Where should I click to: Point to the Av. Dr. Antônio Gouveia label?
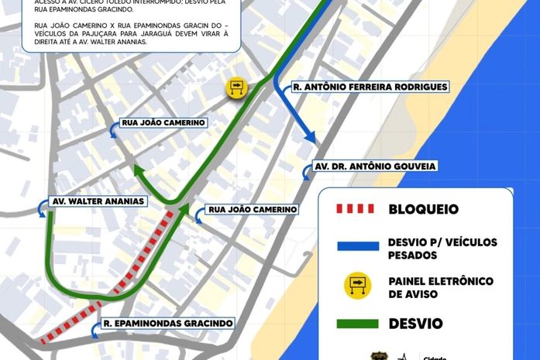click(x=375, y=166)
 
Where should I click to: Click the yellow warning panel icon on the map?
click(x=236, y=87)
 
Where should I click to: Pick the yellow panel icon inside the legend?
click(x=357, y=287)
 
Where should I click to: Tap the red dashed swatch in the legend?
click(x=354, y=209)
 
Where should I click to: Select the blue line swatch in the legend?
click(x=356, y=248)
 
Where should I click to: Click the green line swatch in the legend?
click(x=356, y=324)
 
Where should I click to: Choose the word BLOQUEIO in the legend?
click(x=423, y=209)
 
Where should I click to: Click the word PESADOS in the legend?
click(x=413, y=255)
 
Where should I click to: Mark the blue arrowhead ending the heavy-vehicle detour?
click(x=311, y=139)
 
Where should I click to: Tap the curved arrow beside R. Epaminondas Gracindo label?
click(x=95, y=331)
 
